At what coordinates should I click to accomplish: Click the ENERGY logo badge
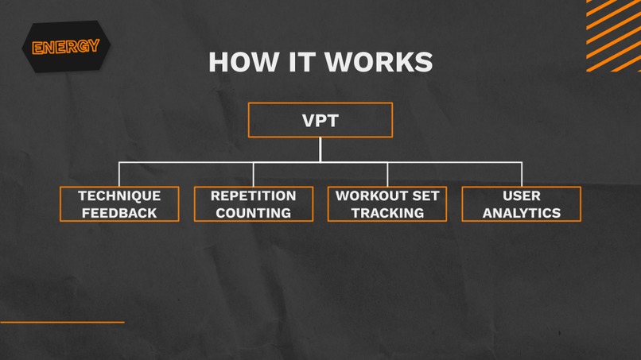[x=65, y=47]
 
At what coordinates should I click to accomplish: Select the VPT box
[x=320, y=120]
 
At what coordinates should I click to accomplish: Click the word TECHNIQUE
[x=119, y=195]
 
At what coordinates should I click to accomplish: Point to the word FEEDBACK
[x=119, y=213]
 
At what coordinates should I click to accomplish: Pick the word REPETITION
[x=253, y=195]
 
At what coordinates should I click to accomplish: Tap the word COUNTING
[x=253, y=213]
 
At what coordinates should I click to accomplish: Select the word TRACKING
[x=387, y=213]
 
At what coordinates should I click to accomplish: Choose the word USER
[x=522, y=195]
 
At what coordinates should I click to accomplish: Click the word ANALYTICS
[x=522, y=213]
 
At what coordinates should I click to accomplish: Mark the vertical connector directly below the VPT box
[x=320, y=149]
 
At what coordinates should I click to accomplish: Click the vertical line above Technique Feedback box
[x=119, y=174]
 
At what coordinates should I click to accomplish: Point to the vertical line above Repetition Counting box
[x=254, y=174]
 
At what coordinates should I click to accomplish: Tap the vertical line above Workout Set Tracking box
[x=387, y=174]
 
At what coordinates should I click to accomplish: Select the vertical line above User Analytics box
[x=522, y=174]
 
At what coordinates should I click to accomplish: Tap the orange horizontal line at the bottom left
[x=62, y=322]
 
